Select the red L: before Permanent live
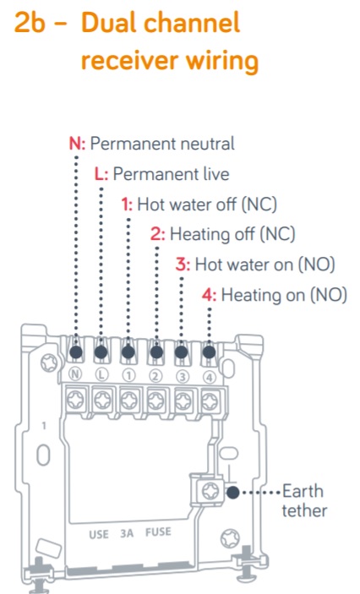pos(101,174)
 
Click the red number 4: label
pos(210,295)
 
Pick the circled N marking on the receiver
pos(75,374)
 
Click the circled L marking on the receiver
pos(101,374)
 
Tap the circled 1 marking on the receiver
pos(128,375)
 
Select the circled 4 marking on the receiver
pos(210,377)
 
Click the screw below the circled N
pos(75,400)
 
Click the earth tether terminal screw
pos(210,491)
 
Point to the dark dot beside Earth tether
pos(233,493)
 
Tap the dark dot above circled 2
pos(156,352)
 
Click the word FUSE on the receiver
pos(158,532)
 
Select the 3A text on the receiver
pos(127,533)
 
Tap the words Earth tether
pos(304,501)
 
